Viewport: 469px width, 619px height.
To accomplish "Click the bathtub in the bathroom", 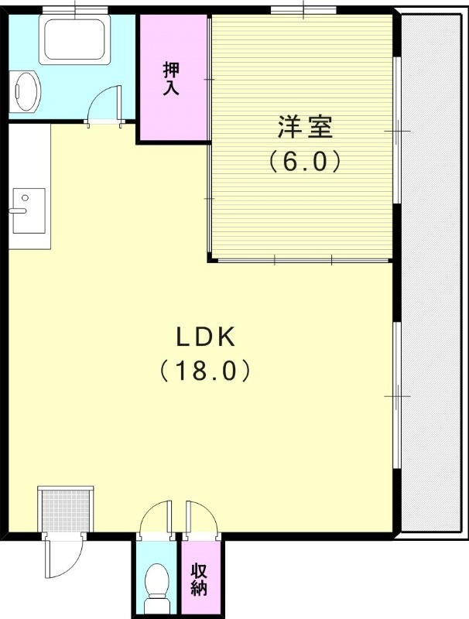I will [75, 40].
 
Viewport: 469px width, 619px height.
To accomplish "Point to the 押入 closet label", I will [172, 77].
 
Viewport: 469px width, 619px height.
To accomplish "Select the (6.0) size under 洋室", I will [305, 161].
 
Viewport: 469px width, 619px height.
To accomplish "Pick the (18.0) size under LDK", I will [206, 371].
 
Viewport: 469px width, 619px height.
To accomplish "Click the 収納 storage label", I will [199, 576].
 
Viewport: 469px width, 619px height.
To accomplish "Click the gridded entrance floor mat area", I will [65, 511].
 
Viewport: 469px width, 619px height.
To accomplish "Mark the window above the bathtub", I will [75, 9].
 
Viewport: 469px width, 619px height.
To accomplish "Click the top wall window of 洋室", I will [304, 9].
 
